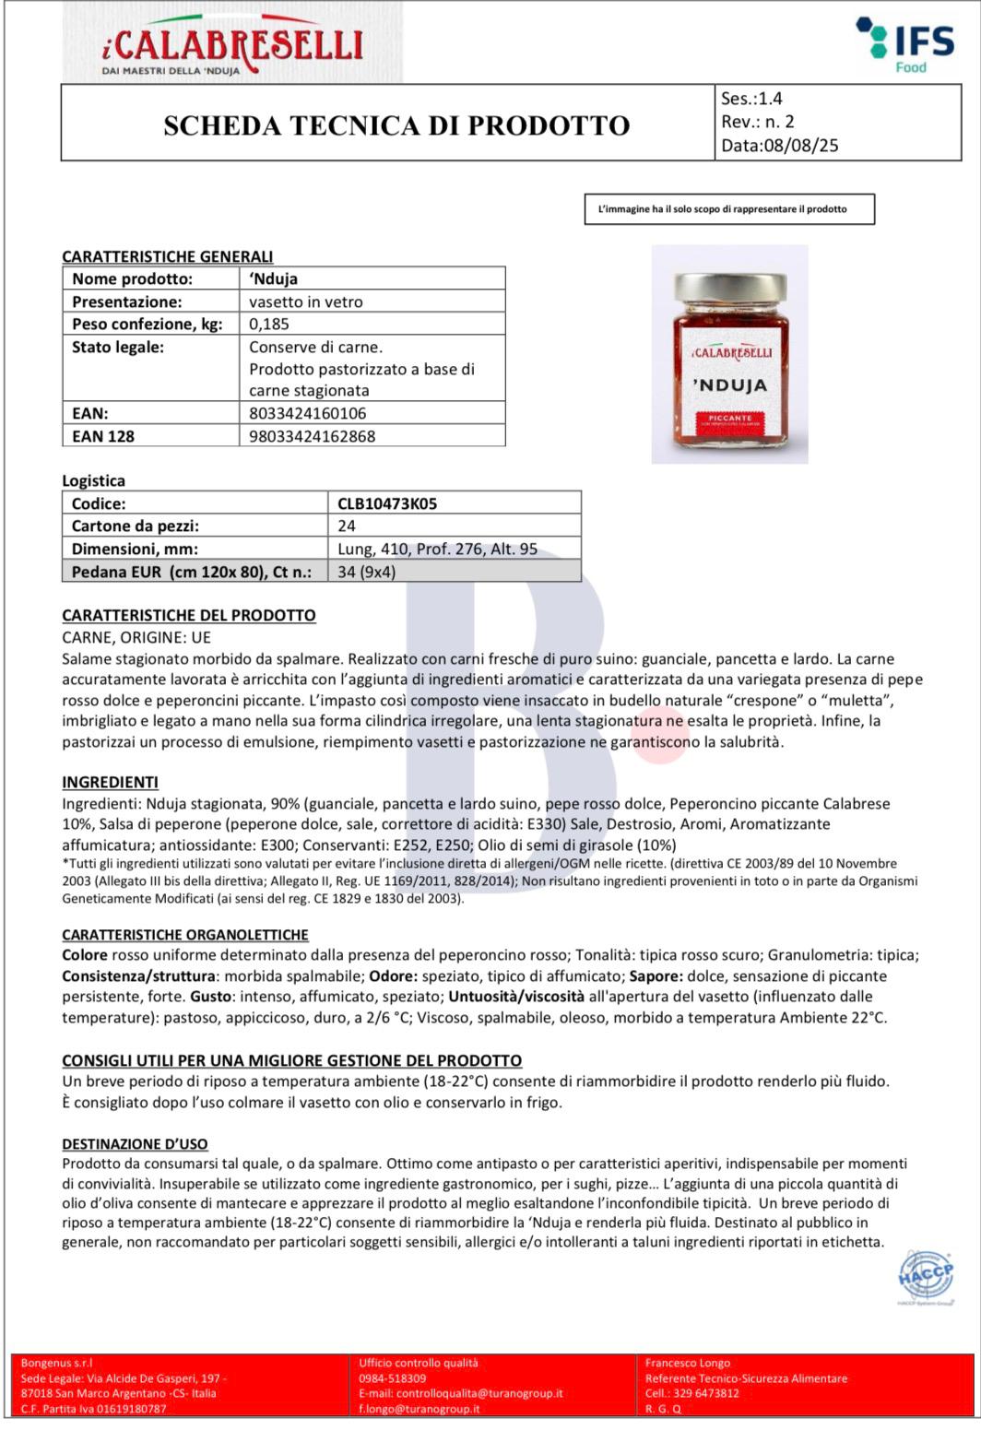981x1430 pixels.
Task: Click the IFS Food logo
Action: tap(892, 43)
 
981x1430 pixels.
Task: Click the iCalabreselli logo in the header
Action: tap(232, 44)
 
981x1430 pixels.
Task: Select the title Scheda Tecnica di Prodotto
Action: tap(396, 125)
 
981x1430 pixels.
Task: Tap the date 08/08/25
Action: tap(799, 145)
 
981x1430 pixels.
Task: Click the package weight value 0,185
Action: tap(269, 324)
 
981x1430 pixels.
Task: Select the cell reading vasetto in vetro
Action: tap(306, 301)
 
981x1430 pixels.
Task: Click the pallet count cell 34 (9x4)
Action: tap(366, 572)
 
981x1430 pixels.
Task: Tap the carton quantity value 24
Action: tap(347, 526)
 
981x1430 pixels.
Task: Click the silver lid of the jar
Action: tap(729, 284)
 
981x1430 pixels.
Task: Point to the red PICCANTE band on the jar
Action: tap(730, 420)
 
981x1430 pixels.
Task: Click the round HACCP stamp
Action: tap(925, 1278)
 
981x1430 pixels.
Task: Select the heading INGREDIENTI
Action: tap(110, 783)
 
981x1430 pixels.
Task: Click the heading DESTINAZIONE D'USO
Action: tap(135, 1144)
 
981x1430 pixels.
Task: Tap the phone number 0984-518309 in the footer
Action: tap(393, 1378)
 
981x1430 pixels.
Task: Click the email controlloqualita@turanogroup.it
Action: tap(461, 1393)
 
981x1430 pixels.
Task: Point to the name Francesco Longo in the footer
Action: tap(688, 1363)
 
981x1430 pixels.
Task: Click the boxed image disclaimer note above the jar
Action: tap(729, 209)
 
